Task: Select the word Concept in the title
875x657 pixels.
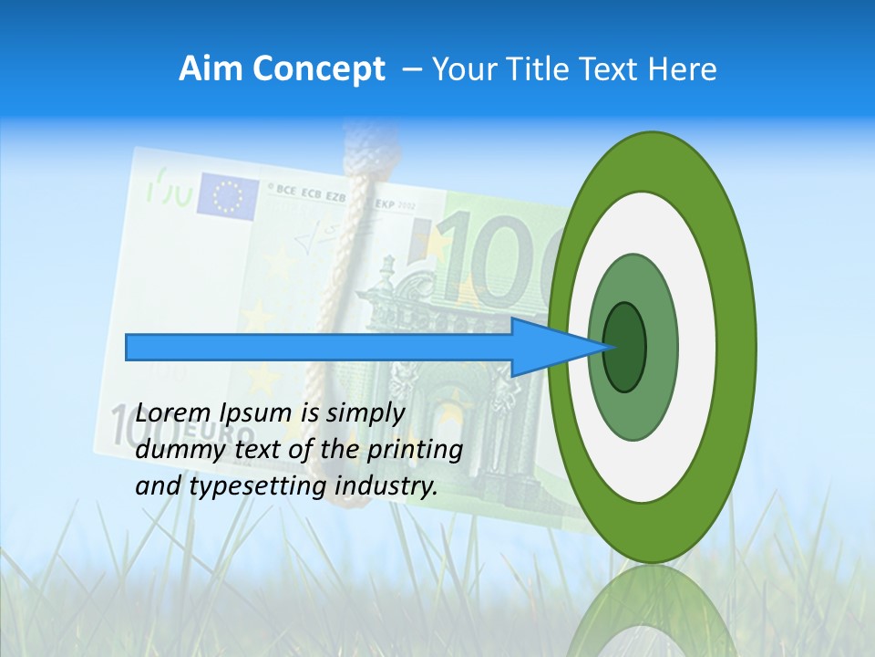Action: tap(319, 70)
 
